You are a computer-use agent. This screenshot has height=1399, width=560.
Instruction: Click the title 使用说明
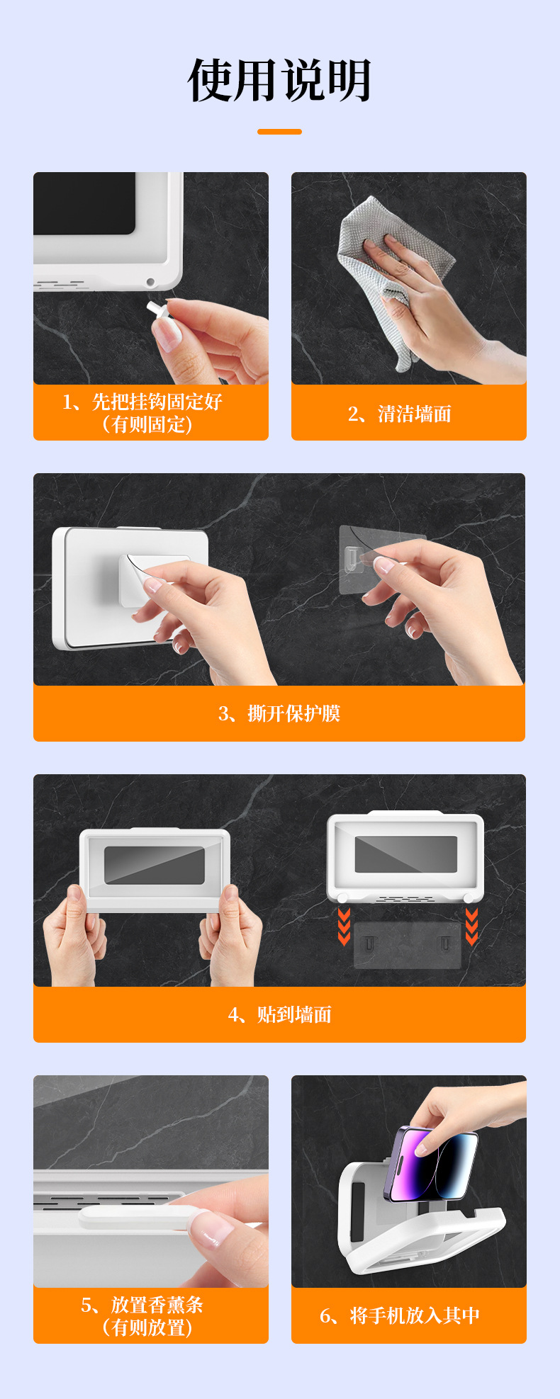pos(280,80)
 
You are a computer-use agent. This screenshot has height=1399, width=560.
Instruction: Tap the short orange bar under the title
pos(279,132)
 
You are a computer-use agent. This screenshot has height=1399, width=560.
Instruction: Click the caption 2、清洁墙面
pos(399,414)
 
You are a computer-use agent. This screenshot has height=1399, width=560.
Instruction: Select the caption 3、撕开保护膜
pos(279,713)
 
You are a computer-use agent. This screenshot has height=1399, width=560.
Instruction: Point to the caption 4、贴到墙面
pos(279,1014)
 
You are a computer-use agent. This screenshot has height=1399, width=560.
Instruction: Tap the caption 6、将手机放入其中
pos(400,1315)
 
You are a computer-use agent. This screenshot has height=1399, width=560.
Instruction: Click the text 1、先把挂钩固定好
pos(142,402)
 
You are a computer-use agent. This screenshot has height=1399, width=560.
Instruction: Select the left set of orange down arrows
pos(345,927)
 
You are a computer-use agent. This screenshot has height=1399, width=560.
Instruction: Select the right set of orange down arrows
pos(471,927)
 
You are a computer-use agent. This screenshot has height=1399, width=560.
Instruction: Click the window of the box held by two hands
pos(155,865)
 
